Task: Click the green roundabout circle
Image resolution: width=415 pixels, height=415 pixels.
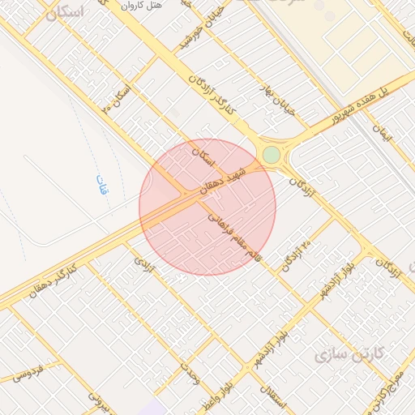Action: click(271, 154)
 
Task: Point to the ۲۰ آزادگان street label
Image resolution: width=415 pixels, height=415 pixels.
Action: click(296, 255)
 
